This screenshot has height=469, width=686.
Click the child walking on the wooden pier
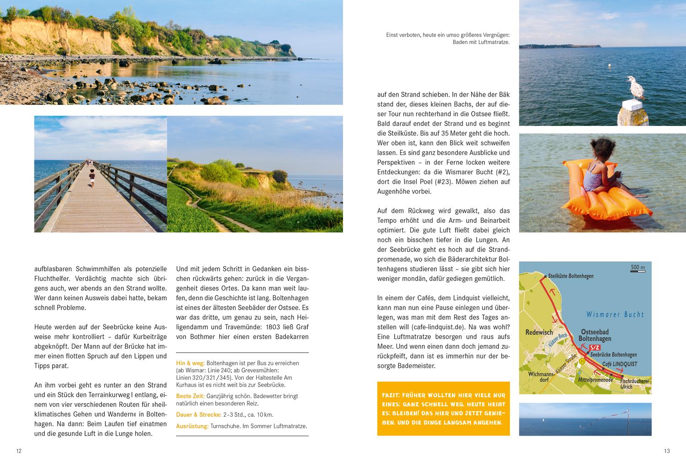[92, 177]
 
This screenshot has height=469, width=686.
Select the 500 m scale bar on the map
[638, 270]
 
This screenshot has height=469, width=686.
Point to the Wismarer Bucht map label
[615, 314]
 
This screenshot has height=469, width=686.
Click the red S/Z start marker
[595, 348]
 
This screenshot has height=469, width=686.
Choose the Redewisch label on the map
[539, 332]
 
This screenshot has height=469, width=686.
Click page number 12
[19, 451]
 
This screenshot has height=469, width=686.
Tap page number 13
[666, 451]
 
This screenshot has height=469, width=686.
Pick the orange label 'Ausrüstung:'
[192, 426]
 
